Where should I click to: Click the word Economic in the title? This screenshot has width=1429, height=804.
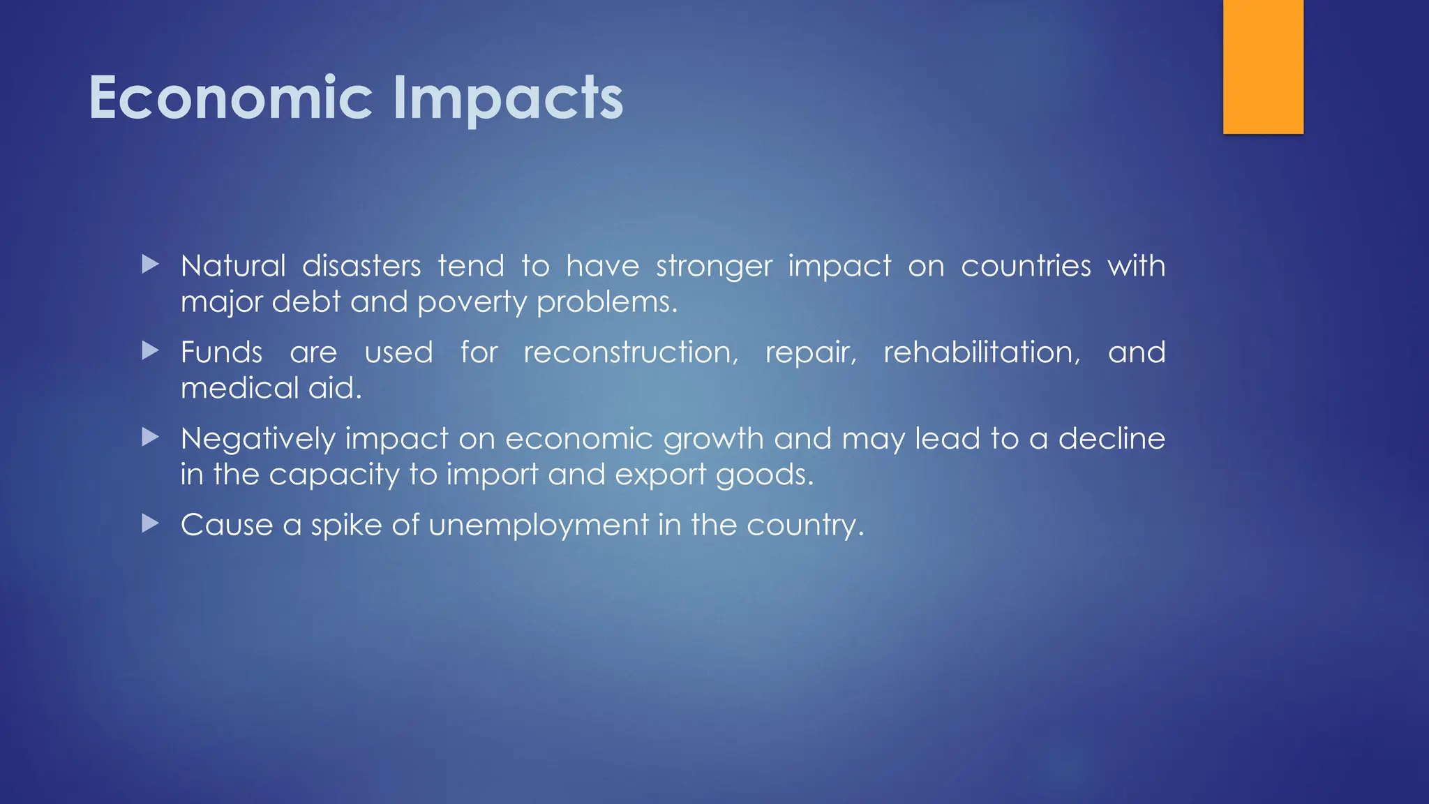coord(230,98)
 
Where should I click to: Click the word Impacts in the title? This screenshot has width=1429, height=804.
coord(507,98)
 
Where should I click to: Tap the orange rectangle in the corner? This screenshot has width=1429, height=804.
coord(1263,66)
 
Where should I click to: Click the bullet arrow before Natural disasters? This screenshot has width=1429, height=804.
coord(150,265)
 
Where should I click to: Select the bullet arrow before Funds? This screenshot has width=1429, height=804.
coord(150,350)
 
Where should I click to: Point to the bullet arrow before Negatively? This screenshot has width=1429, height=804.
coord(150,437)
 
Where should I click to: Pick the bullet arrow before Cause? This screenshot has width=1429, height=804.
coord(150,523)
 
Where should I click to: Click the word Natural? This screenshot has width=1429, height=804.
coord(233,266)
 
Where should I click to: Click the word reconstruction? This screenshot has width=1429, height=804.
coord(630,352)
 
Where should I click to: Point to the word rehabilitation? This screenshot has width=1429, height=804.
coord(981,352)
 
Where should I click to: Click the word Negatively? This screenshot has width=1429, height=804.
coord(258,440)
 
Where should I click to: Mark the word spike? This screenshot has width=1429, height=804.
coord(346,526)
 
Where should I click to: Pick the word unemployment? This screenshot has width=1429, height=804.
coord(539,526)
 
